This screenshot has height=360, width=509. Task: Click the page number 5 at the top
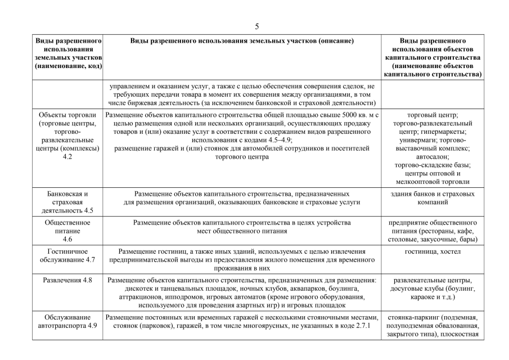click(257, 26)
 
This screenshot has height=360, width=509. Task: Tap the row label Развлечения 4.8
click(68, 280)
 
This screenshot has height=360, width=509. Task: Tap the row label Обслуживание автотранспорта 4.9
click(68, 321)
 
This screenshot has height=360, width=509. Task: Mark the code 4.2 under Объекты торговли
click(68, 157)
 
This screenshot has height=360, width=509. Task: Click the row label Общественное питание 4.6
click(68, 231)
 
